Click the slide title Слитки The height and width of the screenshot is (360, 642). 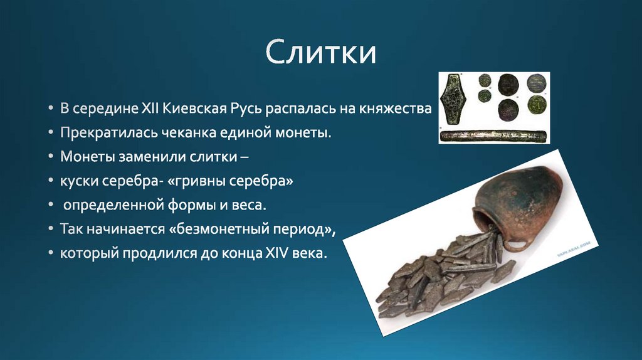(320, 53)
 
